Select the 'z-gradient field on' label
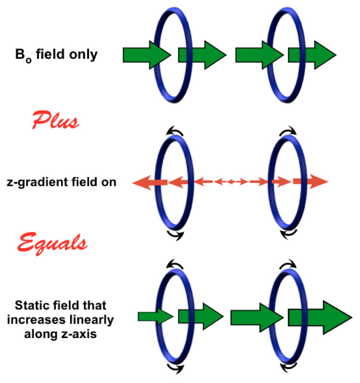[62, 182]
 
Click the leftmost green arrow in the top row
[146, 55]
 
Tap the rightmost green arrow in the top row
[311, 55]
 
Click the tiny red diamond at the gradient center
[231, 182]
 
